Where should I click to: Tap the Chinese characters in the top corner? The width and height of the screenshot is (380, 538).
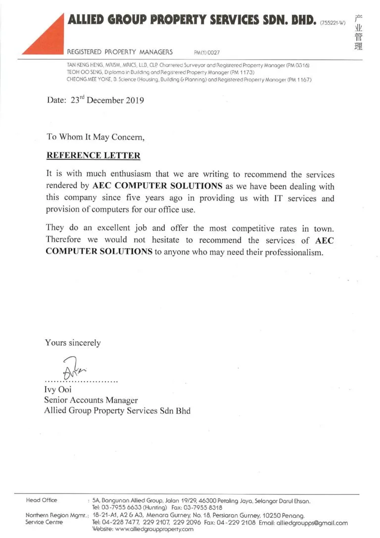(x=358, y=32)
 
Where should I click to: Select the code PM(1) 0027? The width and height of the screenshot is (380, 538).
(x=207, y=52)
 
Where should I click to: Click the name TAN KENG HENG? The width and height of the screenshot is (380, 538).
(x=85, y=65)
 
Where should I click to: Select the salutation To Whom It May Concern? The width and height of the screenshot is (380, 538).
(x=95, y=136)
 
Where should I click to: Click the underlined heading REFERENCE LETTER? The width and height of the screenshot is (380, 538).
(x=93, y=156)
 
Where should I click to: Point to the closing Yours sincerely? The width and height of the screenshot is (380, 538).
(x=73, y=342)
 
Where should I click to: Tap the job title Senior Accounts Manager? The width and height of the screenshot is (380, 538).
(x=91, y=400)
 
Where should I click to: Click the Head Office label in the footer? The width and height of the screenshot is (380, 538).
(x=41, y=500)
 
